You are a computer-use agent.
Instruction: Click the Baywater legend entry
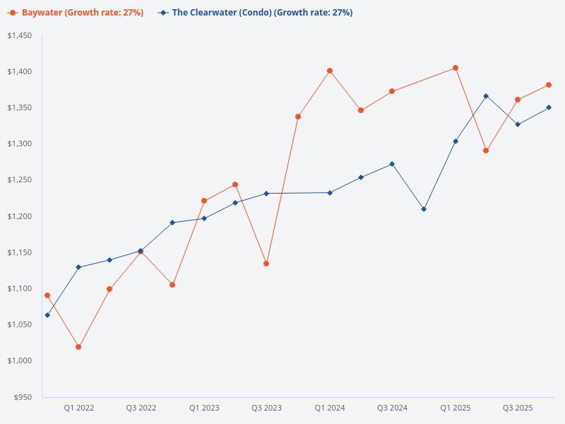tap(76, 13)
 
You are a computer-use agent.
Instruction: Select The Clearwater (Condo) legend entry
tap(255, 13)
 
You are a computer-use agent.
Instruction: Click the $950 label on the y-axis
tap(23, 397)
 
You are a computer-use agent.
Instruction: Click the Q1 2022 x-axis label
tap(79, 408)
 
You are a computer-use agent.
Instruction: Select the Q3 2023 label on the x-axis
tap(266, 408)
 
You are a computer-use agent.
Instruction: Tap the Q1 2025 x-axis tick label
tap(456, 408)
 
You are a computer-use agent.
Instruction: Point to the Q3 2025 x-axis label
tap(518, 408)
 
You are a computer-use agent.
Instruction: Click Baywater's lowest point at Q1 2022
tap(78, 347)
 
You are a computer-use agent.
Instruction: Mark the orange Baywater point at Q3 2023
tap(266, 264)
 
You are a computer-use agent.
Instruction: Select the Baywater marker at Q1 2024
tap(330, 71)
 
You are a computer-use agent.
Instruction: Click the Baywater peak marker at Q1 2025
tap(456, 68)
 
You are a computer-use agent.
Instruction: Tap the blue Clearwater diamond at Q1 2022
tap(78, 267)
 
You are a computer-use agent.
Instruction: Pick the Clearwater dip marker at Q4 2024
tap(424, 209)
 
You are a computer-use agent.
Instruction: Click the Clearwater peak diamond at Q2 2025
tap(486, 96)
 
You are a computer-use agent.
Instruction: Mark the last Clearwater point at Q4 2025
tap(549, 107)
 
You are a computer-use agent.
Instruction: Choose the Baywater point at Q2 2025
tap(486, 151)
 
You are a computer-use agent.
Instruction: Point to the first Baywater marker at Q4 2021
tap(47, 295)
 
